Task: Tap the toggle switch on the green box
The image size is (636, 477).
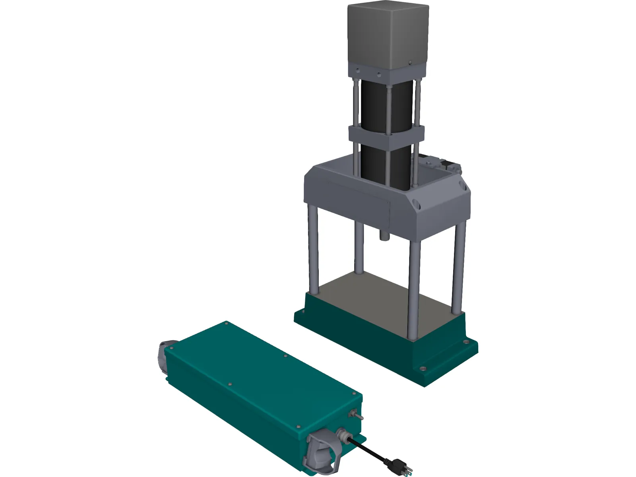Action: coord(357,415)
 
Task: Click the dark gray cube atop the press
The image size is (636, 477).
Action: coord(388,36)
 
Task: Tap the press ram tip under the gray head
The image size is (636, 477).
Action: coord(385,235)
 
